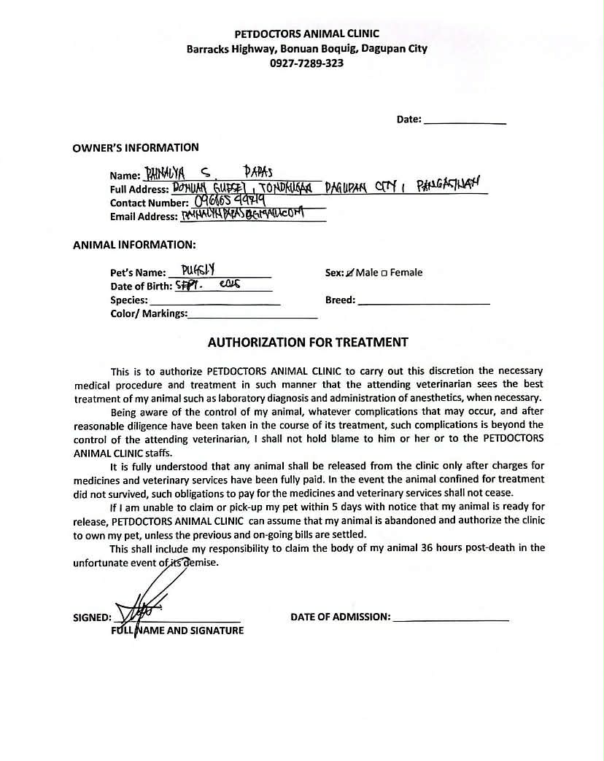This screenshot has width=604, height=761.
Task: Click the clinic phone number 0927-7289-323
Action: [306, 63]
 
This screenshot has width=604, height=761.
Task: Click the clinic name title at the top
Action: [306, 34]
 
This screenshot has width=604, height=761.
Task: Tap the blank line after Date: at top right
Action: [465, 120]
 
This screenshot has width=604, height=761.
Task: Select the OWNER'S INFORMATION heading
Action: [136, 148]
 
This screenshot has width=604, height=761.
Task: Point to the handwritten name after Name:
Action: [208, 173]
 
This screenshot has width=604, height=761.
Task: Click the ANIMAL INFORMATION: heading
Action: [134, 245]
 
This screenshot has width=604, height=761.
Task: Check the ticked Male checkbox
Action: [350, 273]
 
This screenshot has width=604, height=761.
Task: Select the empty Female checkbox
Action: [384, 273]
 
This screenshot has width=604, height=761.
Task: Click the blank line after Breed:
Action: [424, 300]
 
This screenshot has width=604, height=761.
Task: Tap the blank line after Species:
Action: [214, 300]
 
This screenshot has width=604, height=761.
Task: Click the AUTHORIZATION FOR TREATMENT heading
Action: [308, 342]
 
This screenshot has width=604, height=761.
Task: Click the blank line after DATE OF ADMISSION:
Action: [450, 617]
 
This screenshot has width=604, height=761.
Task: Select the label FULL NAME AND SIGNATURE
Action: [177, 631]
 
